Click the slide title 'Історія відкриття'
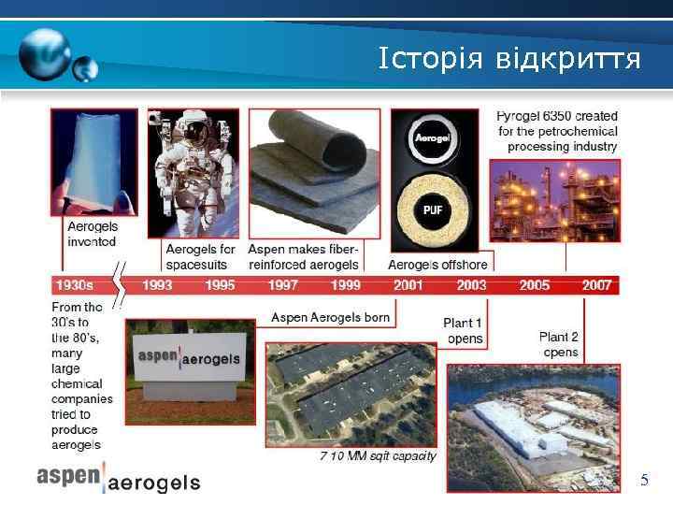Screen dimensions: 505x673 coord(509,60)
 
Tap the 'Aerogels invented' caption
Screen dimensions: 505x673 coord(92,234)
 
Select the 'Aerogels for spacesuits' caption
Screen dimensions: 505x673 coord(200,256)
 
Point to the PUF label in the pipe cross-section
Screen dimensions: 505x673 coord(433,209)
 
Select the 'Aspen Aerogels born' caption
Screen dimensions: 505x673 coord(330,317)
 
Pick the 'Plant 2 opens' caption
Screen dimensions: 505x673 coord(559,344)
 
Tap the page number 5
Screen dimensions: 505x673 coord(644,481)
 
